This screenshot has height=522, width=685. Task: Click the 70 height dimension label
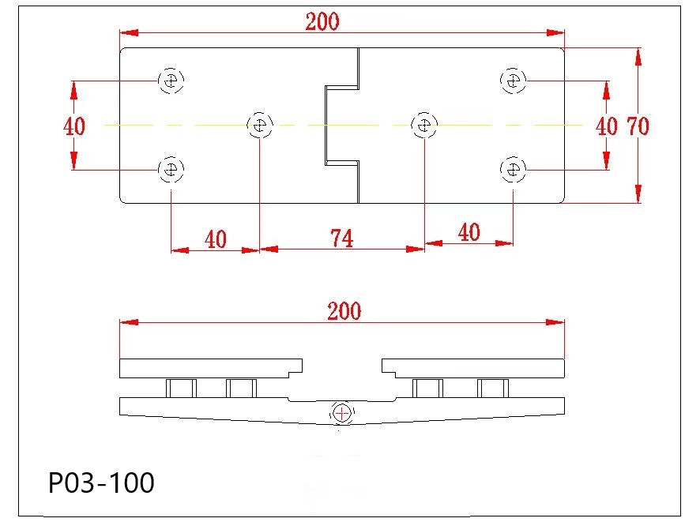pos(638,126)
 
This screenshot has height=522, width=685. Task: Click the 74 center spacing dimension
pos(341,238)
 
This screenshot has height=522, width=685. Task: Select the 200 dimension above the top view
pos(322,21)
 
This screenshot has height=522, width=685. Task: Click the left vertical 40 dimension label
pos(74,126)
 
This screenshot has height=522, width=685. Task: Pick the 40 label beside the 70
pos(606,126)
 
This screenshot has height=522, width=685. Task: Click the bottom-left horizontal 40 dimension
pos(215,238)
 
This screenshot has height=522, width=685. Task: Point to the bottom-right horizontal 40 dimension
pos(469,232)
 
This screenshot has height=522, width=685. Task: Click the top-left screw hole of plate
pos(171,80)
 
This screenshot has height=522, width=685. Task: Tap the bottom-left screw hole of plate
pos(171,169)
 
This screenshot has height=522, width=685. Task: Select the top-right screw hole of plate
pos(514,80)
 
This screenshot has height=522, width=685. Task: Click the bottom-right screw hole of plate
pos(514,169)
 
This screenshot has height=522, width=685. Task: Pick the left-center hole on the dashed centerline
pos(259,125)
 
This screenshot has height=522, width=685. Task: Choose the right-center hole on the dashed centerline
pos(425,125)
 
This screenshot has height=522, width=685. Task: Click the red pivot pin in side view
pos(342,413)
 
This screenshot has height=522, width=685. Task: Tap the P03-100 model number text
pos(101,483)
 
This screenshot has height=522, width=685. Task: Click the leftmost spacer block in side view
pos(181,388)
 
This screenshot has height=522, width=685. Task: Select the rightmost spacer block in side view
pos(492,388)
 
